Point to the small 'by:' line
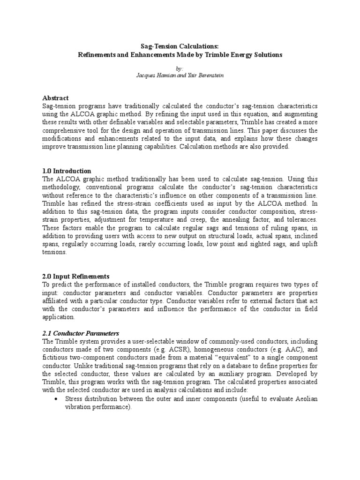[180, 68]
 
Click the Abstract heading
[56, 98]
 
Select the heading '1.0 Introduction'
[67, 171]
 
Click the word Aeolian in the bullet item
[305, 399]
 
